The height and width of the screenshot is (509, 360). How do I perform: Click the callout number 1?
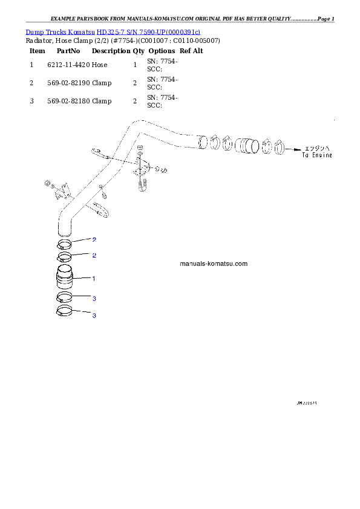tap(94, 279)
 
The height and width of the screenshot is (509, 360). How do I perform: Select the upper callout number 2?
tap(94, 239)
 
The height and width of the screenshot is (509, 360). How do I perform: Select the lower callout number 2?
tap(94, 255)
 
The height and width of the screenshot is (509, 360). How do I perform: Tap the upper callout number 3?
tap(94, 299)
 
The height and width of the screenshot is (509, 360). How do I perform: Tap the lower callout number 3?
tap(94, 316)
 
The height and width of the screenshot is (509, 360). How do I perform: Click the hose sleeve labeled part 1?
tap(65, 279)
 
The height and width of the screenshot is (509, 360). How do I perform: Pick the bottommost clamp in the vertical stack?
tap(65, 312)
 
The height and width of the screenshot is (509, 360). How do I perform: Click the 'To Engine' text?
tap(318, 155)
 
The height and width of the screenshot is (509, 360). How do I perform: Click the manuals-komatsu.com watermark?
tap(214, 264)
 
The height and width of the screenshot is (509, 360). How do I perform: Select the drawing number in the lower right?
tap(307, 402)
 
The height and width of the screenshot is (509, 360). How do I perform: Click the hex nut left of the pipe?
tap(47, 182)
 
